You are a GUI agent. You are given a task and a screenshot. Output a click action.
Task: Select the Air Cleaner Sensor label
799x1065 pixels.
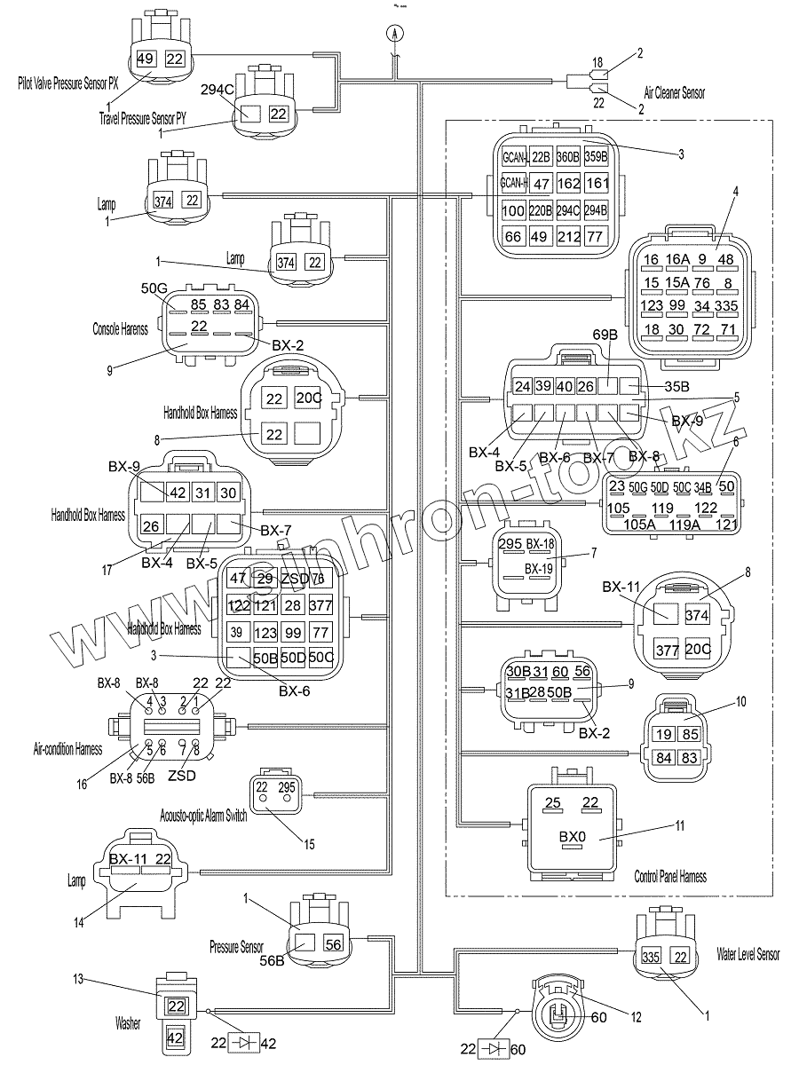[675, 92]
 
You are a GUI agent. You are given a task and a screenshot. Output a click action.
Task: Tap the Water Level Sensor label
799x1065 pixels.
[748, 954]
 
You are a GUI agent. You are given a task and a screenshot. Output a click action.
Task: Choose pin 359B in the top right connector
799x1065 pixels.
[597, 157]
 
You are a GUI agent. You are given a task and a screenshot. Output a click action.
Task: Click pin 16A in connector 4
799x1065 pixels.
[677, 259]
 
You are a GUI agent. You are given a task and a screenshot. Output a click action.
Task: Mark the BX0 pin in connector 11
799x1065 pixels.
[573, 837]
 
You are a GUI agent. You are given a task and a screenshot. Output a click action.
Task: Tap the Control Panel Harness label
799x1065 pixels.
[670, 877]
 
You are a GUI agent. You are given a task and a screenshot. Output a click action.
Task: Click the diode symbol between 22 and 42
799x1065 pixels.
[241, 1044]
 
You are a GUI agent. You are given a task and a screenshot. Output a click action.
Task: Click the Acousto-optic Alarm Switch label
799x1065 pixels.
[203, 815]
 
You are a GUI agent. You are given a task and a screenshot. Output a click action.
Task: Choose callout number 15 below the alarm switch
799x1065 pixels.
[309, 844]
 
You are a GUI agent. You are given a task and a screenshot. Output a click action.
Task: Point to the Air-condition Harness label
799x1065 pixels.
[67, 749]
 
